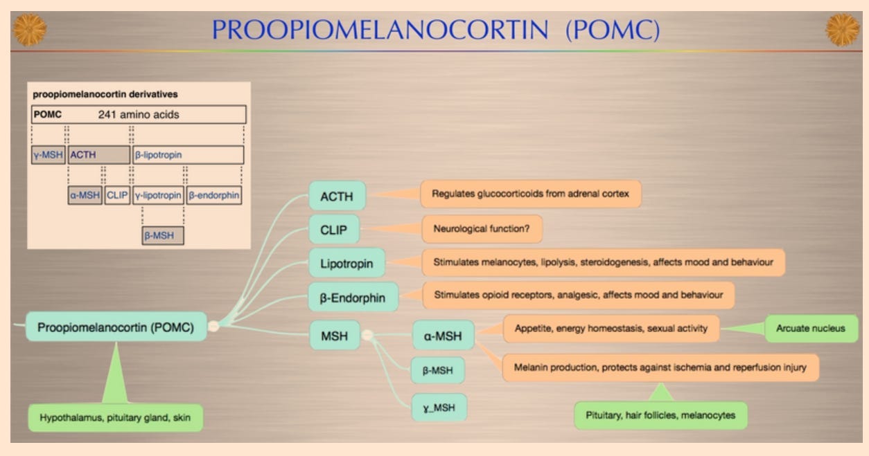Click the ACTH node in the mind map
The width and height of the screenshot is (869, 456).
(337, 197)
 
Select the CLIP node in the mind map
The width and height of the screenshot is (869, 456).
(334, 230)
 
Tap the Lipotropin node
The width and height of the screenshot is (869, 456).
(346, 264)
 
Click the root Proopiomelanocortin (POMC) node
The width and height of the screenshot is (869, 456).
(116, 326)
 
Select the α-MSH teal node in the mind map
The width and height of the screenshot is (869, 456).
(444, 336)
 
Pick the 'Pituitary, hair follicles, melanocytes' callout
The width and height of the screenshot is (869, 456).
(660, 415)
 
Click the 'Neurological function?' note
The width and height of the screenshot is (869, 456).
(482, 228)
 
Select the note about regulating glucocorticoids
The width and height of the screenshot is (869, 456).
(530, 194)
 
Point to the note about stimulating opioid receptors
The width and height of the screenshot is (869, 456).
(578, 295)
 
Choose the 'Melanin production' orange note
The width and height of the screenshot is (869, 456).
(660, 367)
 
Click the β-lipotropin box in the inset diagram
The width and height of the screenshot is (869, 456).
(188, 155)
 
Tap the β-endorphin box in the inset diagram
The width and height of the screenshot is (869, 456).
(214, 196)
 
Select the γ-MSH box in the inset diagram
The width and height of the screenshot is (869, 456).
(48, 155)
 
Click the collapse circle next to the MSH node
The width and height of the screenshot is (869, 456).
(367, 336)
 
